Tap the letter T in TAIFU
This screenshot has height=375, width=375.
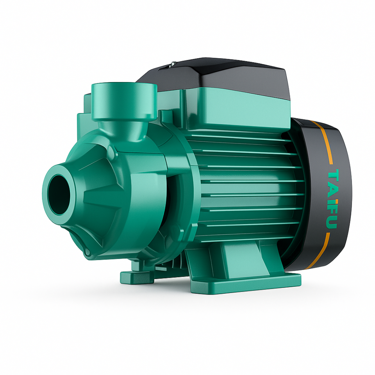click(x=333, y=175)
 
